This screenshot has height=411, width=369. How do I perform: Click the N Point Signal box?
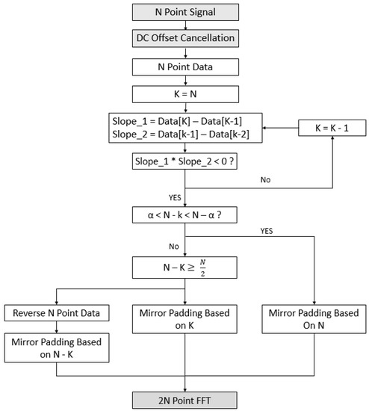tap(184, 12)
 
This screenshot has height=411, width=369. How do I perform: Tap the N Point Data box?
tap(184, 67)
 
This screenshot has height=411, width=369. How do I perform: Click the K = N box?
tap(184, 94)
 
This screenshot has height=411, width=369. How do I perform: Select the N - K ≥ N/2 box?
tap(184, 266)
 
